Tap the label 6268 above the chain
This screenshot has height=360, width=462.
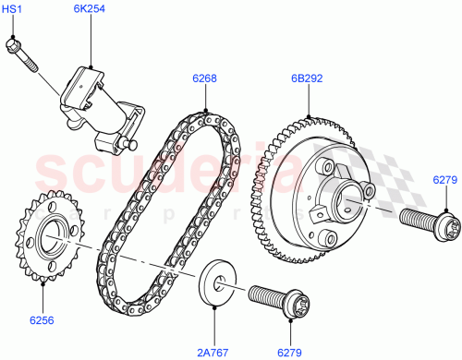[x=204, y=78]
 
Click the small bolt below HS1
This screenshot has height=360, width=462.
[x=25, y=54]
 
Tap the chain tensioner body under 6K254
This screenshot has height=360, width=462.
[x=92, y=102]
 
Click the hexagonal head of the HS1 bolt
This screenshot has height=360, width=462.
[x=15, y=42]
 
